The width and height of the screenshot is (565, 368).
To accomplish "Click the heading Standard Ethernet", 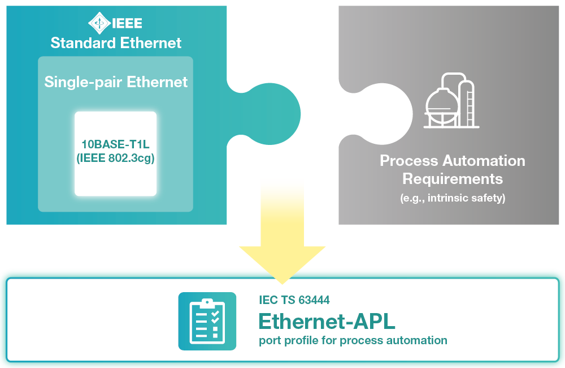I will [116, 42].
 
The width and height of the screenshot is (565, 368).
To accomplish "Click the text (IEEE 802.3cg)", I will [115, 159].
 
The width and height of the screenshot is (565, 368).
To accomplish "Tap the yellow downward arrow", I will [282, 238].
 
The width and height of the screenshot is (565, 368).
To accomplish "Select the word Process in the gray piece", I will [408, 161].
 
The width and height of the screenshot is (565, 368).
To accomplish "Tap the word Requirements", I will [452, 179].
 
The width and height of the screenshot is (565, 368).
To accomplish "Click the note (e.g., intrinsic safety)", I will [452, 198].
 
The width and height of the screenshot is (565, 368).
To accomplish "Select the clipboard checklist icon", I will [207, 320].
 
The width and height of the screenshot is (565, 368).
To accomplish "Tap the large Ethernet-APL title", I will [327, 322].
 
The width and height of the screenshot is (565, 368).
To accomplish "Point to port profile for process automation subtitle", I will [353, 340].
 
